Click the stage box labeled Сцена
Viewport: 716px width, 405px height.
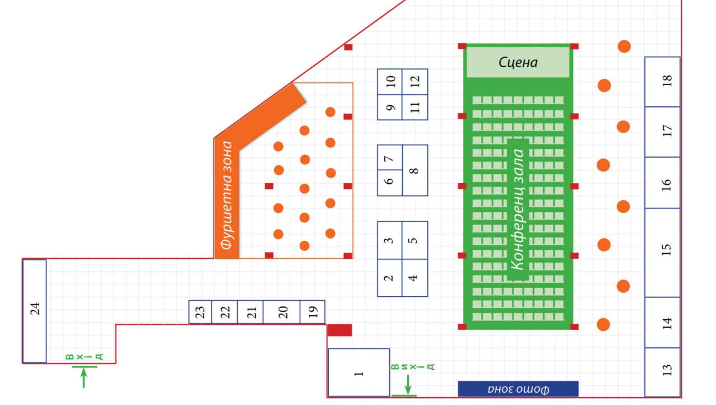[518, 62]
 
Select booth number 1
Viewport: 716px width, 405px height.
[359, 373]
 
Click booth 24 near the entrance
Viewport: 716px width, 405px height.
[35, 311]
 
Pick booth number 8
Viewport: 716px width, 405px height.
[414, 170]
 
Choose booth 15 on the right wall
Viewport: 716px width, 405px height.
[662, 252]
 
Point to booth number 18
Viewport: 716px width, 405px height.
[662, 82]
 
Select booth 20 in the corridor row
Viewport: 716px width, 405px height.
[281, 312]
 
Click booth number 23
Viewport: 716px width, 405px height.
[200, 312]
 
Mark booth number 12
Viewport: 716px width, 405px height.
[415, 82]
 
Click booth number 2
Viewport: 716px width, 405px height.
[390, 277]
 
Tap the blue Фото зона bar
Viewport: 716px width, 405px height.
[518, 389]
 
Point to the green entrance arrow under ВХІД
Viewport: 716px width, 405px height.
[84, 376]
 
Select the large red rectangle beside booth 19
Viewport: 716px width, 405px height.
[340, 330]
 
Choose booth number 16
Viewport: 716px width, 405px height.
[662, 183]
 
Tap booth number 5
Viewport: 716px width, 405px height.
[414, 240]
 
